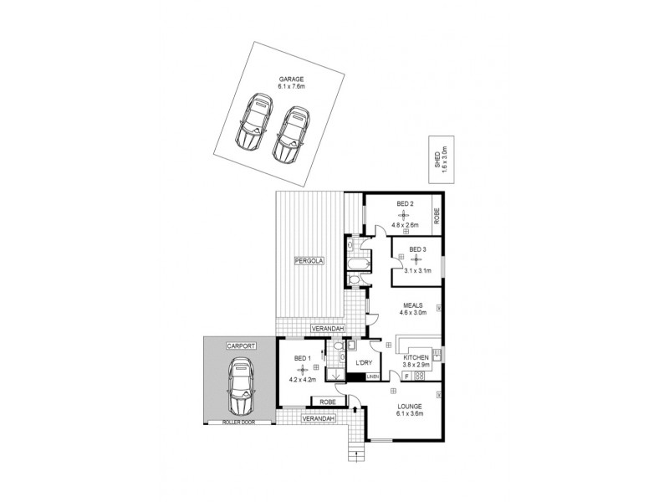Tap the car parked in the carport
[x=240, y=388]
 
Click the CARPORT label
[x=241, y=346]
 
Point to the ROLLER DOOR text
[x=238, y=423]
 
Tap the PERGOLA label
[x=309, y=262]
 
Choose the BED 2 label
[x=405, y=203]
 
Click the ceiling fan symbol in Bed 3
[x=416, y=259]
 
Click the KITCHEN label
[x=416, y=357]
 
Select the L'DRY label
[x=364, y=361]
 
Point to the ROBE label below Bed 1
[x=329, y=403]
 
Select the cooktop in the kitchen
[x=418, y=376]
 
